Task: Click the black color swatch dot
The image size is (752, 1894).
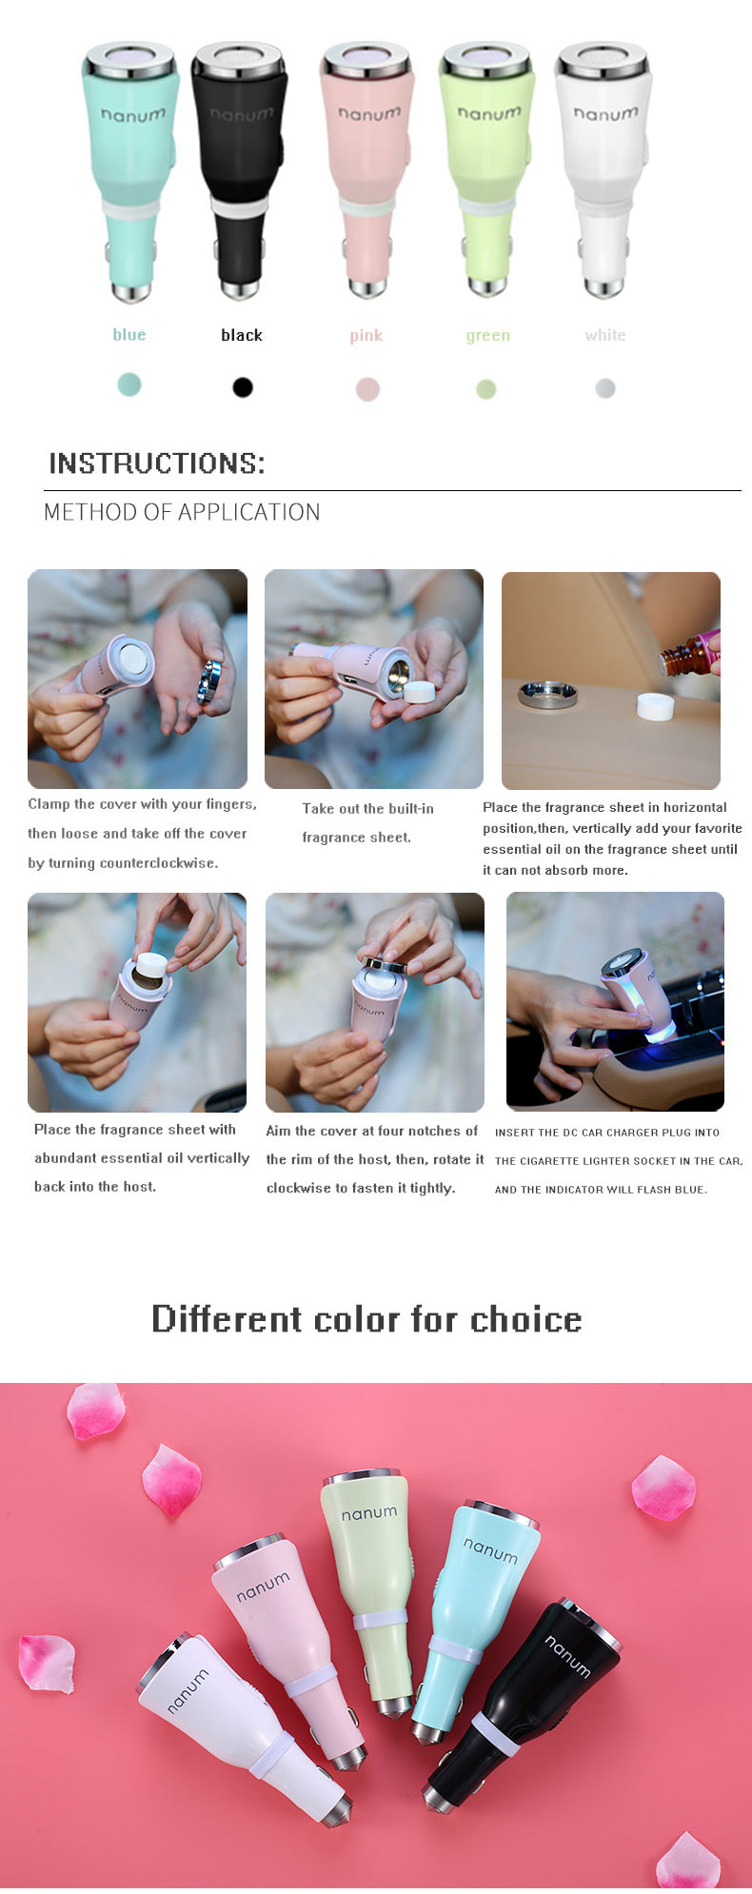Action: [x=243, y=387]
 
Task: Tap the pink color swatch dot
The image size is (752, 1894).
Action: [x=367, y=389]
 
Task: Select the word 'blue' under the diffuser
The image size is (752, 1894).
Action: [x=129, y=335]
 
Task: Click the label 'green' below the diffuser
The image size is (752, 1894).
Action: [x=487, y=336]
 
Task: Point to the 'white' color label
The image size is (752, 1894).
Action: [x=605, y=336]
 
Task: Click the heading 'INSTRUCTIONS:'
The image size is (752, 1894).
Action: [x=157, y=464]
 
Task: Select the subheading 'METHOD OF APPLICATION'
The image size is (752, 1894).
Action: [x=182, y=512]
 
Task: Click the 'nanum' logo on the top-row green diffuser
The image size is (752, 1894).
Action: [x=489, y=114]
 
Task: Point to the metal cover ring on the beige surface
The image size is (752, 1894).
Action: [x=547, y=693]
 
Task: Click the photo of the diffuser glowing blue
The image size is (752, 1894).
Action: [x=615, y=1001]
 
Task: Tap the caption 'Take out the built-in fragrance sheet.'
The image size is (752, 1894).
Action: [x=367, y=823]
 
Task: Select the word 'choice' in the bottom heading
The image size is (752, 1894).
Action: [x=525, y=1320]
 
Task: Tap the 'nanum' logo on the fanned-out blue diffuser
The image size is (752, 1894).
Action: [x=490, y=1551]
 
